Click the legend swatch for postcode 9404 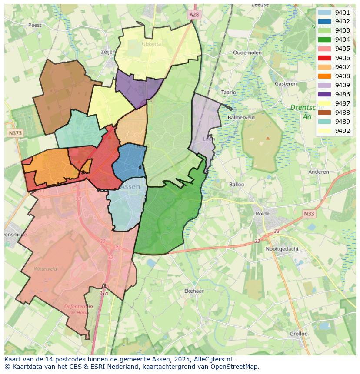[x=324, y=40]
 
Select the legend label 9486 [x=342, y=94]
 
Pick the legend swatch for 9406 [x=324, y=58]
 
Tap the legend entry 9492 [x=342, y=131]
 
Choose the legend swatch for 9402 [x=324, y=22]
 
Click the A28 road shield [x=194, y=15]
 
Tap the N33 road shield [x=309, y=214]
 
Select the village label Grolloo [x=299, y=334]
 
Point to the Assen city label [x=130, y=187]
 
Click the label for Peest [x=34, y=25]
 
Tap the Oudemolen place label [x=247, y=53]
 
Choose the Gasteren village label [x=286, y=84]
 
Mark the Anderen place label [x=319, y=172]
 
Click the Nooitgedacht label [x=283, y=249]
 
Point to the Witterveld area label [x=46, y=269]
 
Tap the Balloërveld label [x=241, y=117]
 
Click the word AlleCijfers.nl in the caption [x=212, y=359]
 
